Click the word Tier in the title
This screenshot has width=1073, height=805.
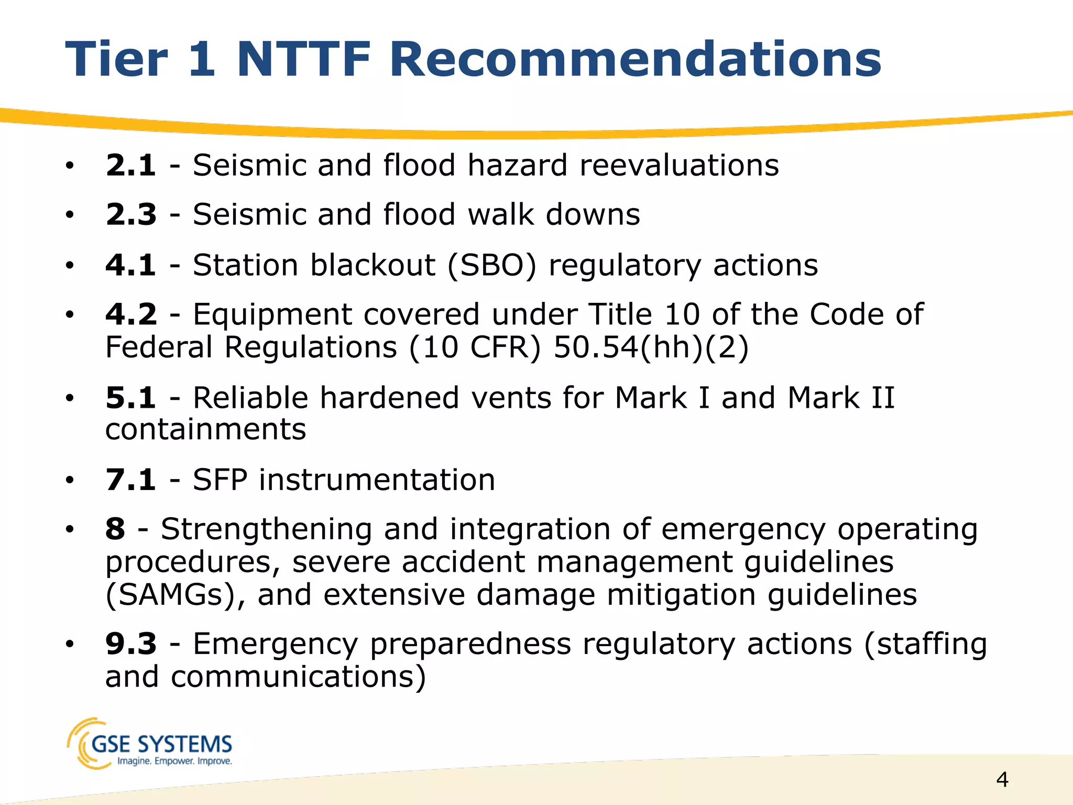coord(116,59)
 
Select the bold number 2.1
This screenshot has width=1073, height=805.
coord(130,165)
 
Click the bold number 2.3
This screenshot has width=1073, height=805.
coord(130,214)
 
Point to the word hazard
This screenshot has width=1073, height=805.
coord(517,165)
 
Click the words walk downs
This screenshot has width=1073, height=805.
coord(553,214)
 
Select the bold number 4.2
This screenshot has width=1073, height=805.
coord(130,314)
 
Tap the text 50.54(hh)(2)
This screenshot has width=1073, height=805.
coord(651,347)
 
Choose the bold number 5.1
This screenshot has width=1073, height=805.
coord(130,398)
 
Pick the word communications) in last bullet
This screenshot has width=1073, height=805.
coord(298,677)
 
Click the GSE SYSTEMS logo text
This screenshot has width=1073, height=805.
coord(161,744)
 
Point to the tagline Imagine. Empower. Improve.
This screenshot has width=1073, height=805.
coord(174,761)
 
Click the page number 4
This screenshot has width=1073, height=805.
coord(1002,780)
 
